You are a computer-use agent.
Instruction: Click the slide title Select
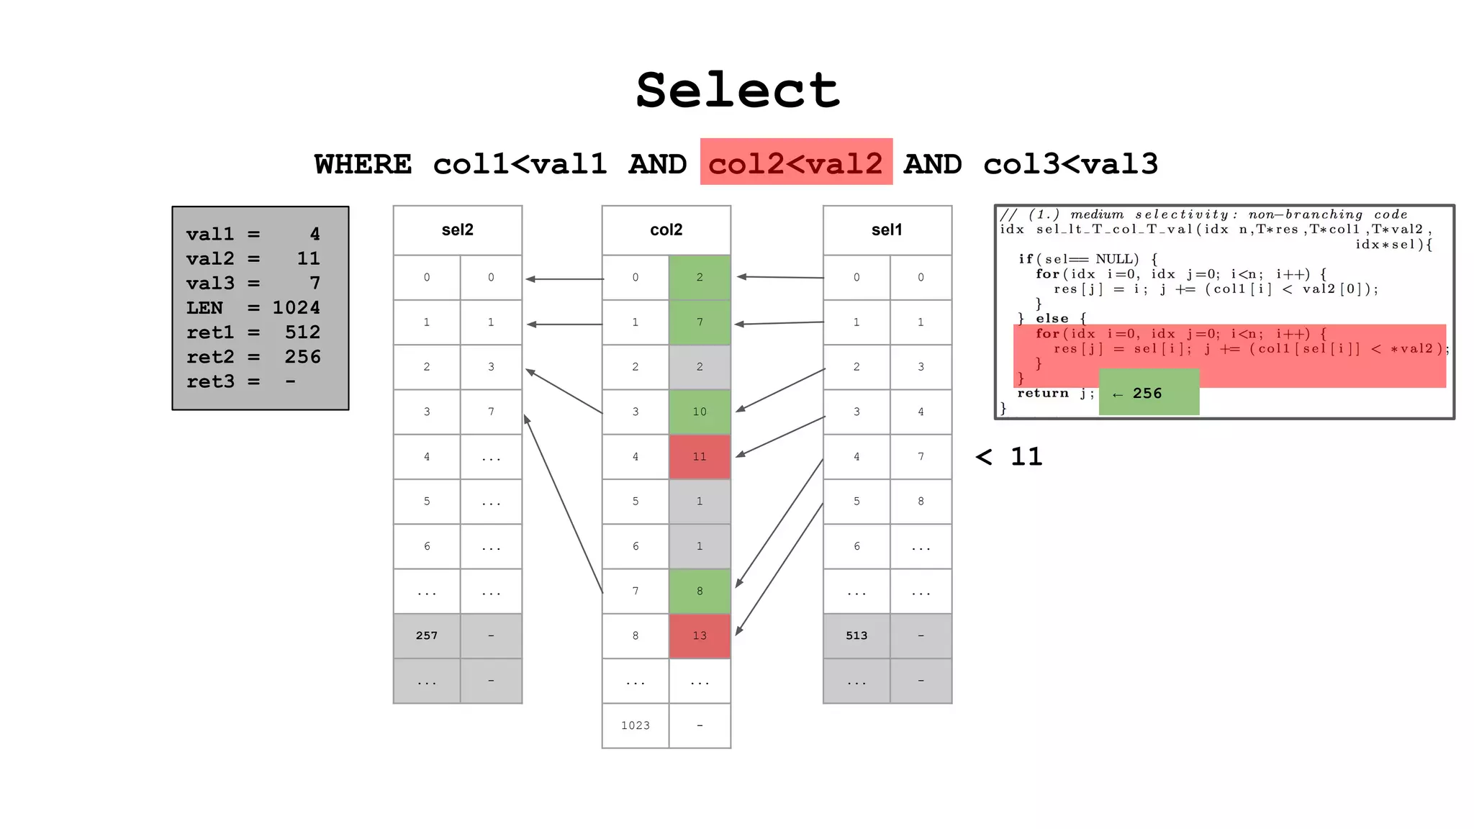[738, 91]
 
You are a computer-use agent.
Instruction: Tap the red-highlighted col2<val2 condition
[796, 163]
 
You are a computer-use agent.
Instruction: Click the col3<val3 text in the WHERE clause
[1070, 164]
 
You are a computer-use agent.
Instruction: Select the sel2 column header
[457, 230]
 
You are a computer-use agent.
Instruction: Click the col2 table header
[666, 230]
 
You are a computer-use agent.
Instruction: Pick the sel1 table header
[887, 230]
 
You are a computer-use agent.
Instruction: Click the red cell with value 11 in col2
[700, 456]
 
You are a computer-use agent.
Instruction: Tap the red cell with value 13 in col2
[700, 635]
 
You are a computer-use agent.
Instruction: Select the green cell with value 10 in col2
[700, 412]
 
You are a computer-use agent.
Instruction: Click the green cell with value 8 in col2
[700, 591]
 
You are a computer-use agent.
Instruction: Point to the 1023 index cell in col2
[636, 725]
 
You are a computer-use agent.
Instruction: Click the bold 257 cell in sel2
[426, 635]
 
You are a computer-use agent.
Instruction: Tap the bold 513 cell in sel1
[856, 635]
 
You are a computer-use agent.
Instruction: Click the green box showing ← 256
[1149, 393]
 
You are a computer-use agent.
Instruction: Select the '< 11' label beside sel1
[1009, 456]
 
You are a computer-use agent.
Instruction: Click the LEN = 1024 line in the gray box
[253, 308]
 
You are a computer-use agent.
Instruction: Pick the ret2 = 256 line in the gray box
[253, 357]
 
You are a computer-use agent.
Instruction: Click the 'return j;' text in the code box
[1055, 393]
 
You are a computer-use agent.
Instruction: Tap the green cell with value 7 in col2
[700, 322]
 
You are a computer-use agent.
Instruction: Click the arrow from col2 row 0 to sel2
[565, 279]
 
